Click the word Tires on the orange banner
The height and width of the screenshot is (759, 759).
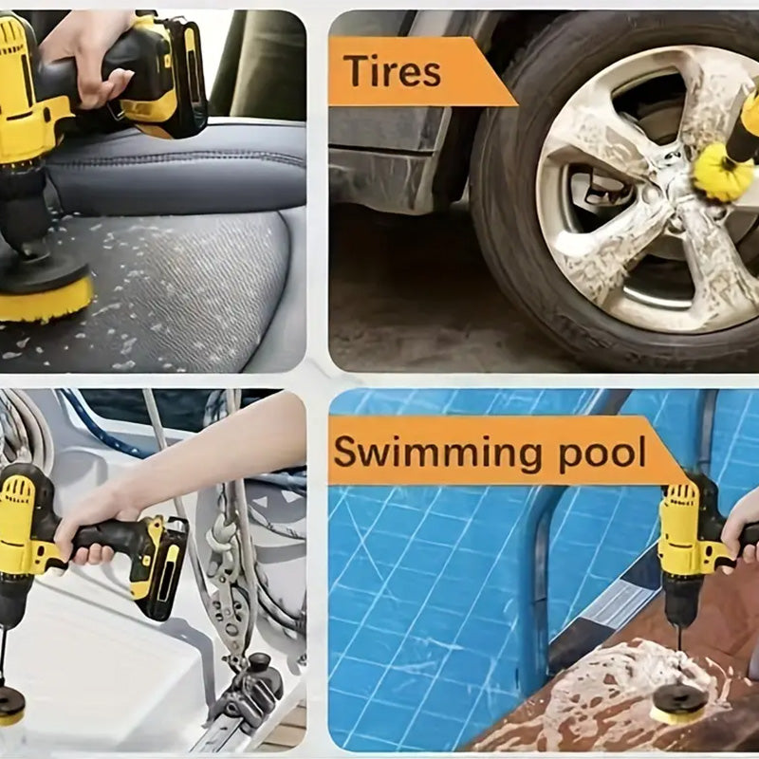pos(392,71)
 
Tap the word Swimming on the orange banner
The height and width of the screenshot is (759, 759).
pos(438,454)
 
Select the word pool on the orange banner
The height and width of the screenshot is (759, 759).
pos(602,454)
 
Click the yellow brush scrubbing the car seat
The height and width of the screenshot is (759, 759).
pos(45,297)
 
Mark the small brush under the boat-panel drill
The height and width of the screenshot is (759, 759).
pos(9,708)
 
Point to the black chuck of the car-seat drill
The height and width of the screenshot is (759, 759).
pos(22,213)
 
